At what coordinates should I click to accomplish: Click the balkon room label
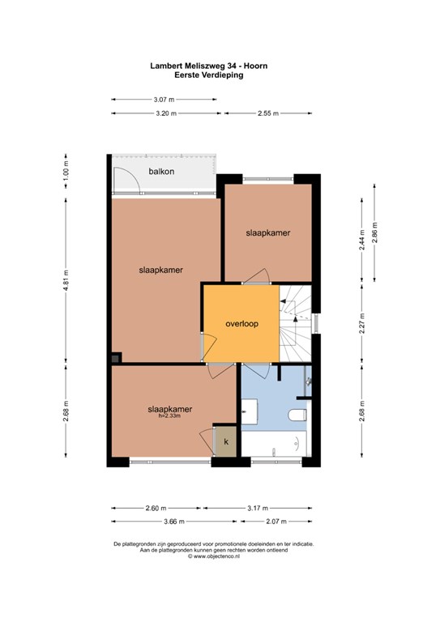click(x=161, y=172)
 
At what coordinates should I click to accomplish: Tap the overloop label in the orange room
click(x=241, y=324)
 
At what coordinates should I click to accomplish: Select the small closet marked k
click(x=226, y=441)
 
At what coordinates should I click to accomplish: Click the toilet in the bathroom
click(x=297, y=415)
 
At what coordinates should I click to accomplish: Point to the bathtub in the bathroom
click(x=274, y=444)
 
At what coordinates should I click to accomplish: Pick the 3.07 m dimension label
click(x=164, y=100)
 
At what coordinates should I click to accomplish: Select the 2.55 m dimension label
click(x=268, y=113)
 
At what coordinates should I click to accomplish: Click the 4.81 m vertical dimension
click(x=66, y=280)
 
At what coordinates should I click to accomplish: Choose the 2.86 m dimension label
click(x=374, y=232)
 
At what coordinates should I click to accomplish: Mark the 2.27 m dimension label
click(x=361, y=324)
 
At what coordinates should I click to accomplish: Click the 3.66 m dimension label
click(x=174, y=522)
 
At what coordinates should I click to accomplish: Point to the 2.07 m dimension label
click(x=276, y=522)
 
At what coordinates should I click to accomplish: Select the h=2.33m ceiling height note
click(x=169, y=416)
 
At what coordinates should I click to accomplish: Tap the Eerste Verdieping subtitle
click(x=209, y=75)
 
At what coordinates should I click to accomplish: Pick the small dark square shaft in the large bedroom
click(x=115, y=359)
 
